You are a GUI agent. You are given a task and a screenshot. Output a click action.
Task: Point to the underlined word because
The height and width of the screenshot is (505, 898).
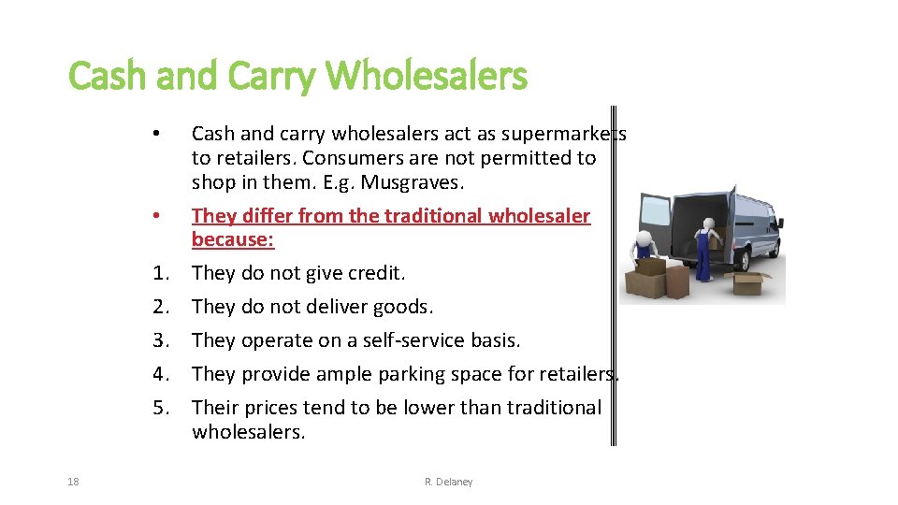point(233,239)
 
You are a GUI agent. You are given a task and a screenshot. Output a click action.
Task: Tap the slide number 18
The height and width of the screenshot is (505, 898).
point(73,482)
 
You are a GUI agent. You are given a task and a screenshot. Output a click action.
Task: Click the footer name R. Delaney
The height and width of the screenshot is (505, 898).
point(449,482)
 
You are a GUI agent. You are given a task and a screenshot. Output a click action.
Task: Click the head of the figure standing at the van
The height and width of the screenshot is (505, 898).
point(708,224)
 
